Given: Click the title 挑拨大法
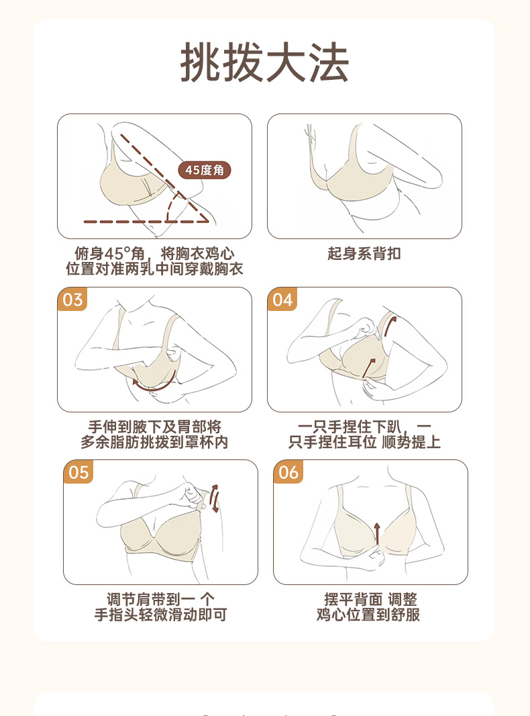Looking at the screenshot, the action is pyautogui.click(x=264, y=62).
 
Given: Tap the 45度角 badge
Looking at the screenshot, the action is pyautogui.click(x=205, y=171).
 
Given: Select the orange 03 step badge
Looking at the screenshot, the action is pyautogui.click(x=72, y=300).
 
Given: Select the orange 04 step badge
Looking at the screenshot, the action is pyautogui.click(x=282, y=300).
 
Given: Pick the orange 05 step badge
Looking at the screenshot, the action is pyautogui.click(x=78, y=472).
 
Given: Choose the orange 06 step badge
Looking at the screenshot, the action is pyautogui.click(x=288, y=472).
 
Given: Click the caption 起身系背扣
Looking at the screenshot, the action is pyautogui.click(x=364, y=253).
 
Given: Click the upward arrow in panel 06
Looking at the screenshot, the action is pyautogui.click(x=377, y=533).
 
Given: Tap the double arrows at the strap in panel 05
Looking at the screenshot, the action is pyautogui.click(x=214, y=498).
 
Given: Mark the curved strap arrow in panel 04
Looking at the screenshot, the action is pyautogui.click(x=390, y=326).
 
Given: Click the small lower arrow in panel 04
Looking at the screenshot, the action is pyautogui.click(x=368, y=368).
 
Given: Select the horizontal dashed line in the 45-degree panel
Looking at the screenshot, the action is pyautogui.click(x=146, y=222).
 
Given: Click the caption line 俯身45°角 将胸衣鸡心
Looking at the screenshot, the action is pyautogui.click(x=154, y=253).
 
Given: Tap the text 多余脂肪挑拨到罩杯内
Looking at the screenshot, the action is pyautogui.click(x=154, y=442).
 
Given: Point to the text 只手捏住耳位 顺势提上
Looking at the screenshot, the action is pyautogui.click(x=364, y=442).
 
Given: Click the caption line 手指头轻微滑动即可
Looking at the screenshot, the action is pyautogui.click(x=160, y=615).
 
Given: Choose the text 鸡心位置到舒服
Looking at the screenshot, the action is pyautogui.click(x=368, y=615).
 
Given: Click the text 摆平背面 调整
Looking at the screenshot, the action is pyautogui.click(x=370, y=599).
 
